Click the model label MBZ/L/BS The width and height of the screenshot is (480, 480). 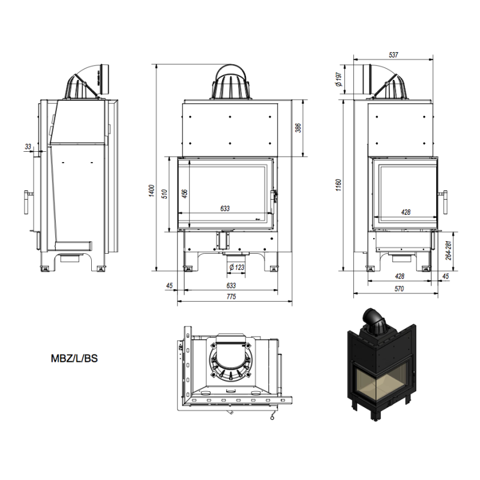(x=74, y=358)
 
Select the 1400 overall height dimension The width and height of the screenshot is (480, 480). (x=152, y=191)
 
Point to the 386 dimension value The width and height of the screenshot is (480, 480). (x=298, y=128)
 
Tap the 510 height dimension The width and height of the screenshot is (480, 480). (x=164, y=194)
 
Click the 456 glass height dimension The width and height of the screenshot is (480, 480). (x=185, y=194)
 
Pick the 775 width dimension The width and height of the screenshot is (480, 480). (x=231, y=296)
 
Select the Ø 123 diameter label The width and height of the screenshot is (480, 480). (x=236, y=267)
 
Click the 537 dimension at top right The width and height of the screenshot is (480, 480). (x=394, y=55)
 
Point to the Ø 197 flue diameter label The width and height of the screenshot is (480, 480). (x=338, y=79)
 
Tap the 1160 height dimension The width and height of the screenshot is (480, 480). (x=338, y=185)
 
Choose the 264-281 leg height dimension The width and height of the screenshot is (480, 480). (x=448, y=251)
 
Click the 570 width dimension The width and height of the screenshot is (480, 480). (x=399, y=289)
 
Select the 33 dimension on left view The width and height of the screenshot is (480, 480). (x=28, y=146)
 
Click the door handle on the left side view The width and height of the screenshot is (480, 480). (x=28, y=202)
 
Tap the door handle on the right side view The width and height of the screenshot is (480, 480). (x=444, y=202)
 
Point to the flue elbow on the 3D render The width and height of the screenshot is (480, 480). (x=374, y=319)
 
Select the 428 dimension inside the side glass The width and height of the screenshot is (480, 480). (x=406, y=212)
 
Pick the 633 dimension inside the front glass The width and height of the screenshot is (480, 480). (x=225, y=208)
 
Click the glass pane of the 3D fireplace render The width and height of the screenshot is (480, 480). (x=383, y=382)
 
